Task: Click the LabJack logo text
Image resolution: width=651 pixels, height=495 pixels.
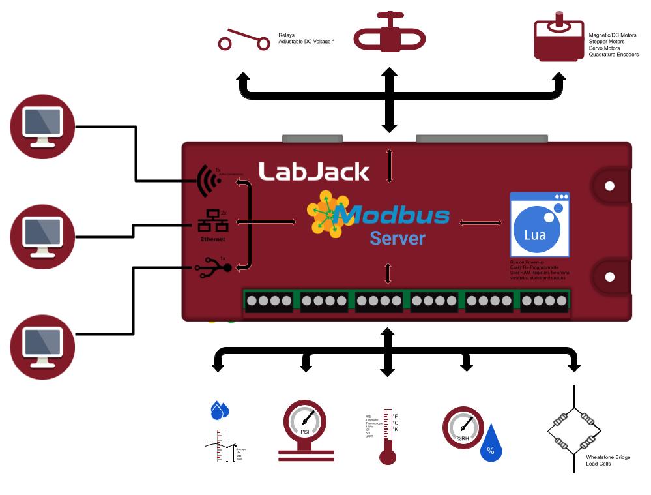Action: coord(314,172)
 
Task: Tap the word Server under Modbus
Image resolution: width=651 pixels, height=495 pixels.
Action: coord(397,238)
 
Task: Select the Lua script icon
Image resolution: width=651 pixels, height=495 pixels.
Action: coord(540,224)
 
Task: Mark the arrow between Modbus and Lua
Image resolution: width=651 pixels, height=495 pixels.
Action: coord(481,223)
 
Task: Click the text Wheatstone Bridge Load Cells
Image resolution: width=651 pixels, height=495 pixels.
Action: coord(607,460)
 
